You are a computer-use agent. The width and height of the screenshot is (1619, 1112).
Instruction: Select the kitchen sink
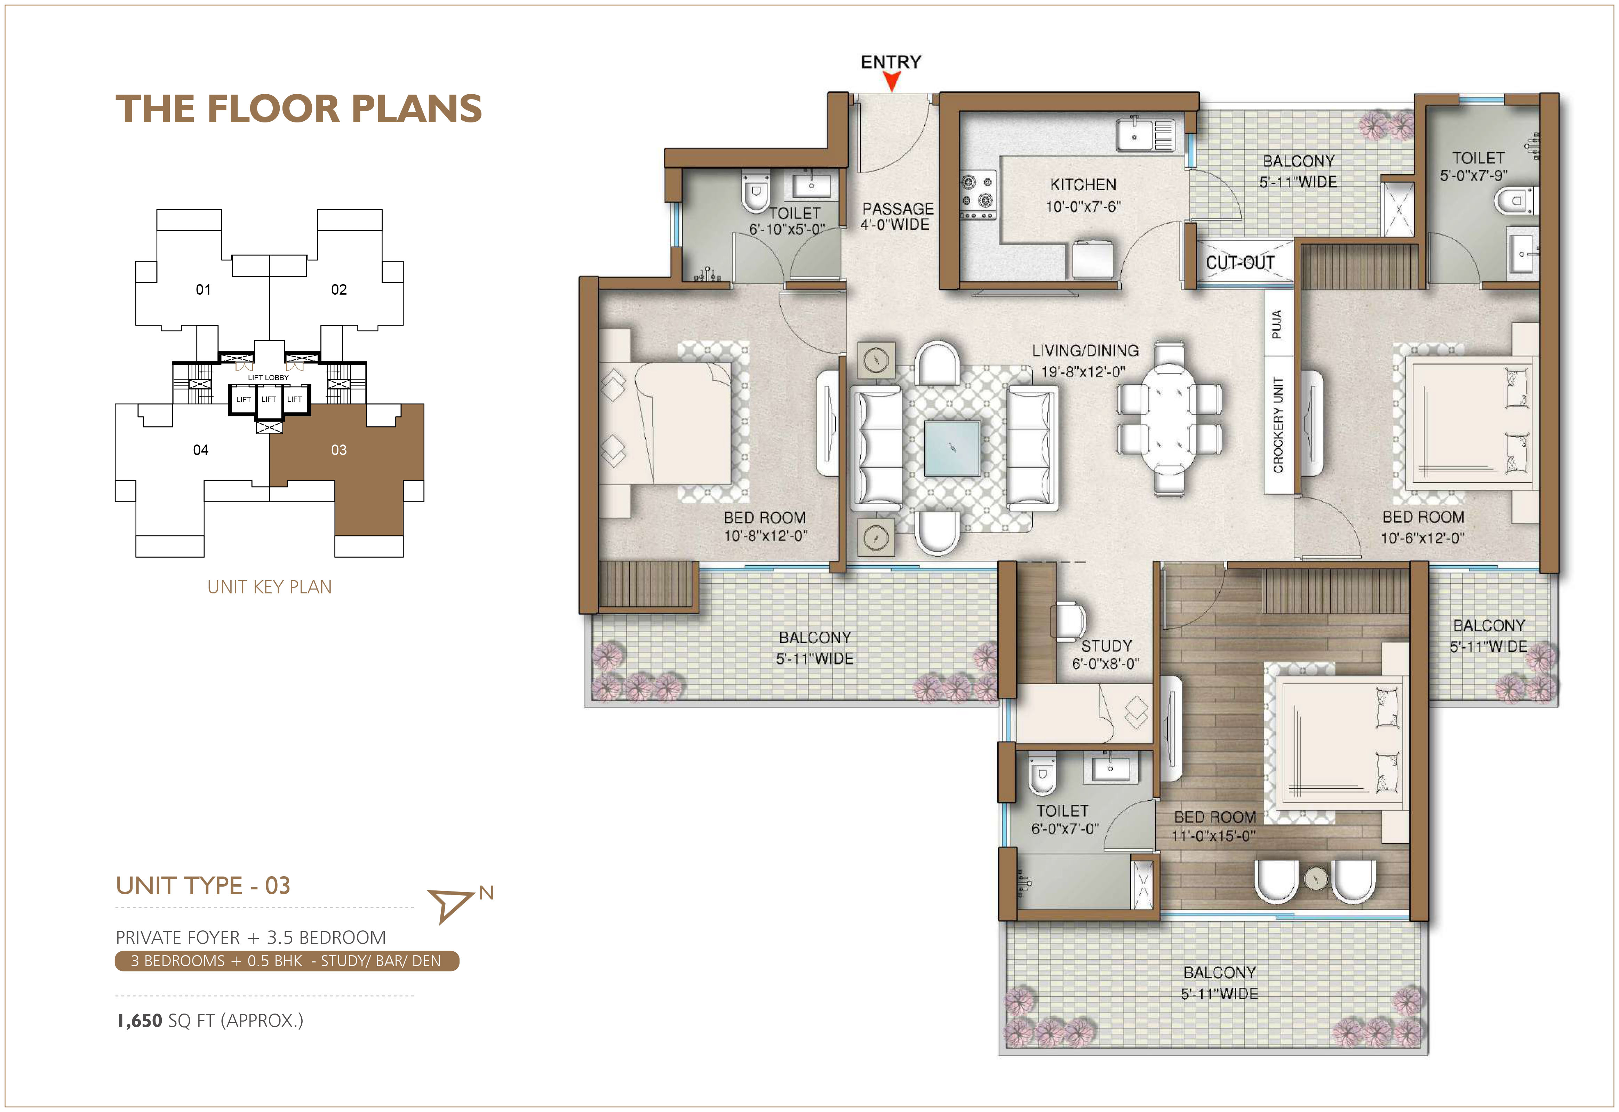(x=1145, y=135)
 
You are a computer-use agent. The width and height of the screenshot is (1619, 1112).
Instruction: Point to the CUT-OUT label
(x=1240, y=263)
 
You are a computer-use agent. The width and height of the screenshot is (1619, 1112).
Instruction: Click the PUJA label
(x=1276, y=324)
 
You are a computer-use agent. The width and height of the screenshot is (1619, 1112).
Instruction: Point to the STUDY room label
(x=1106, y=646)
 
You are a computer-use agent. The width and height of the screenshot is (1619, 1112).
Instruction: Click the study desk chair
(x=1071, y=621)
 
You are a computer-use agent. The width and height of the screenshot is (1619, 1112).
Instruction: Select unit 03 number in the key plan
(x=338, y=450)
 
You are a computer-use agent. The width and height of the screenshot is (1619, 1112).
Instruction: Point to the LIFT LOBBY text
(x=268, y=378)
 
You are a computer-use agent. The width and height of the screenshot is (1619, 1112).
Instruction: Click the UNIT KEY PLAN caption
(x=270, y=587)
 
